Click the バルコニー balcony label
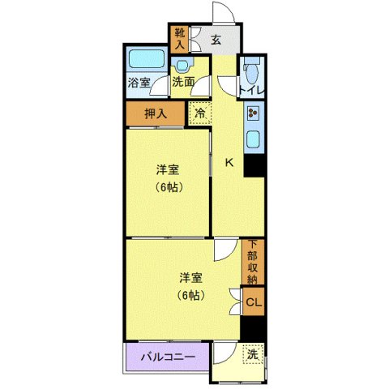(167, 356)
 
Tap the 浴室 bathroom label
(139, 82)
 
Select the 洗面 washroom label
(183, 82)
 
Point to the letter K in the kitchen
(229, 162)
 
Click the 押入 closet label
(156, 113)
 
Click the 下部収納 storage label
(253, 261)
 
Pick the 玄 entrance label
(216, 39)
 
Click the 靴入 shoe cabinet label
(179, 39)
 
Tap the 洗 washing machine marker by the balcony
(252, 354)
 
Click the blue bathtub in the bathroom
(145, 59)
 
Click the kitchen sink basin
(253, 139)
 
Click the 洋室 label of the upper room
(168, 171)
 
